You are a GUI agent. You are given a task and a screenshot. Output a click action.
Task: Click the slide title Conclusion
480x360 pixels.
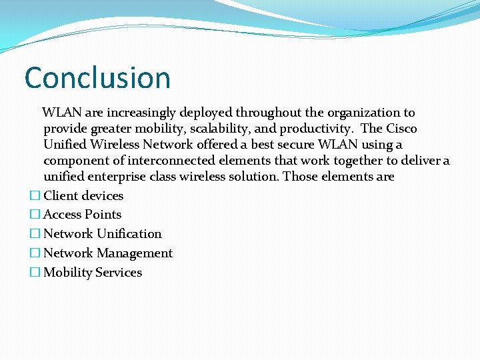[97, 77]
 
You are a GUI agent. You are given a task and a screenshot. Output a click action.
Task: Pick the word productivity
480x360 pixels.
[317, 129]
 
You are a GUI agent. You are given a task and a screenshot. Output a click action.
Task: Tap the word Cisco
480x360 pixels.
[401, 129]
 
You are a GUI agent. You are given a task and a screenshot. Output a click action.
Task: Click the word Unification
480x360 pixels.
[129, 234]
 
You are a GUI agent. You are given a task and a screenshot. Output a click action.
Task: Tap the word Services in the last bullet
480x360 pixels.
[119, 273]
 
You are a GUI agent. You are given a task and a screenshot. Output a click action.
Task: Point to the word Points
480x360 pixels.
[103, 215]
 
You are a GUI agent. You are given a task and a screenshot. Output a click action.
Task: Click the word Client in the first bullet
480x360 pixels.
[60, 196]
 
